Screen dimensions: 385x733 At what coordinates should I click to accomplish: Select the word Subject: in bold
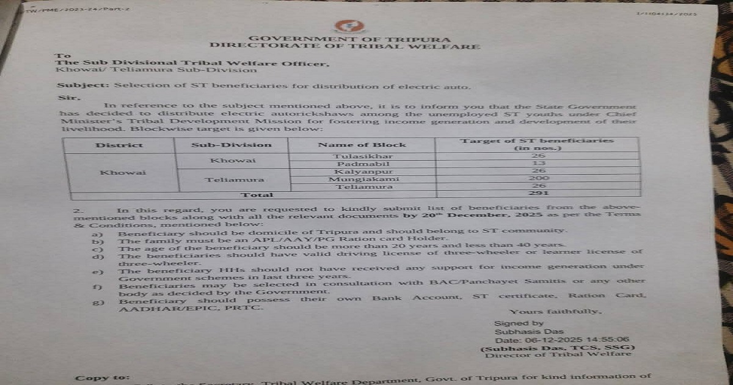pos(75,86)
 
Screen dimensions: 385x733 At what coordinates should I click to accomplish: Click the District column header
pos(119,145)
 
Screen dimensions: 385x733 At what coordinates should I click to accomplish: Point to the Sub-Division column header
pos(232,145)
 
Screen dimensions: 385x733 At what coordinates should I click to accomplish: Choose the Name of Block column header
pos(362,145)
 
